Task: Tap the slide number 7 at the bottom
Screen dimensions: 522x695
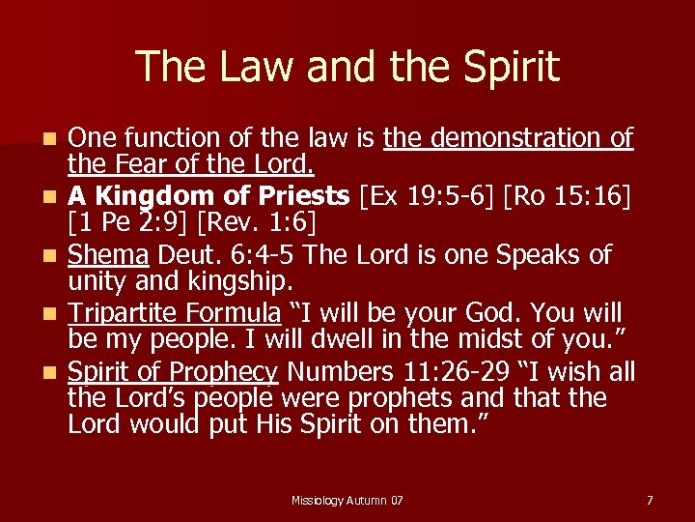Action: click(650, 500)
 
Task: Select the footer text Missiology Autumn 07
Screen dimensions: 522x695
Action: click(347, 500)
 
